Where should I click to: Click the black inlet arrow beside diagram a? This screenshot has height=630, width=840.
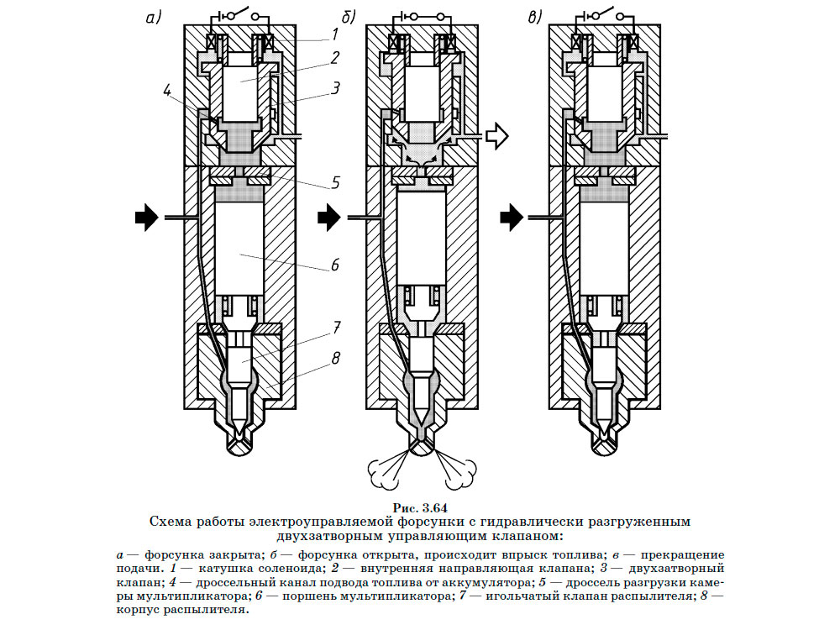[x=145, y=218]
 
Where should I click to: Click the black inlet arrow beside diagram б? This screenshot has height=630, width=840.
[x=328, y=218]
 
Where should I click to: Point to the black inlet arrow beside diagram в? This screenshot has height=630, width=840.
[x=511, y=218]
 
